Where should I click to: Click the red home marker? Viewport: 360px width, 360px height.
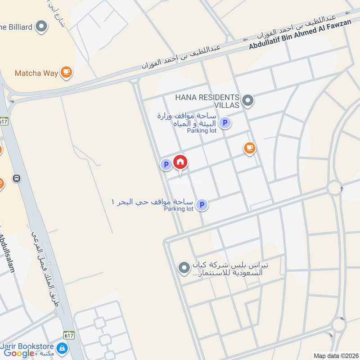click(180, 162)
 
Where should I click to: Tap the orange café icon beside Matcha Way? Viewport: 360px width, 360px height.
click(66, 72)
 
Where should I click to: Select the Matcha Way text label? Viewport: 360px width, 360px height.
click(36, 72)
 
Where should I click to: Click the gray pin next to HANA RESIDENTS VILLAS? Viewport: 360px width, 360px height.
click(247, 100)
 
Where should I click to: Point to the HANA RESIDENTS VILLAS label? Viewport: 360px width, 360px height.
click(207, 101)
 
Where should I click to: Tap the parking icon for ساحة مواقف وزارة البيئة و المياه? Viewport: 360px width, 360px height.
click(225, 122)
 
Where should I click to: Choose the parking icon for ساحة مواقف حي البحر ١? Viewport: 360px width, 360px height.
click(202, 205)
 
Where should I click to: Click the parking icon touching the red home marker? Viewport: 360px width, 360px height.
click(166, 165)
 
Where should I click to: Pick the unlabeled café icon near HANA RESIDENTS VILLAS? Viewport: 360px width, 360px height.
click(249, 148)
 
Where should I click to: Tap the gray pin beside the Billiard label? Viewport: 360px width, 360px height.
click(41, 27)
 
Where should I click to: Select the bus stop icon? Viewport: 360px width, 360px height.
click(17, 178)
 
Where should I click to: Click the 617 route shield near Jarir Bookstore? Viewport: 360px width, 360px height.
click(69, 335)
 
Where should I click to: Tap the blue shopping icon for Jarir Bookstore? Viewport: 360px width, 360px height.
click(62, 348)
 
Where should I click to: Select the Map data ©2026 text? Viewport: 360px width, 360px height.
click(336, 356)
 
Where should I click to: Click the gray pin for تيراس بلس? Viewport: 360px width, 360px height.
click(184, 268)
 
